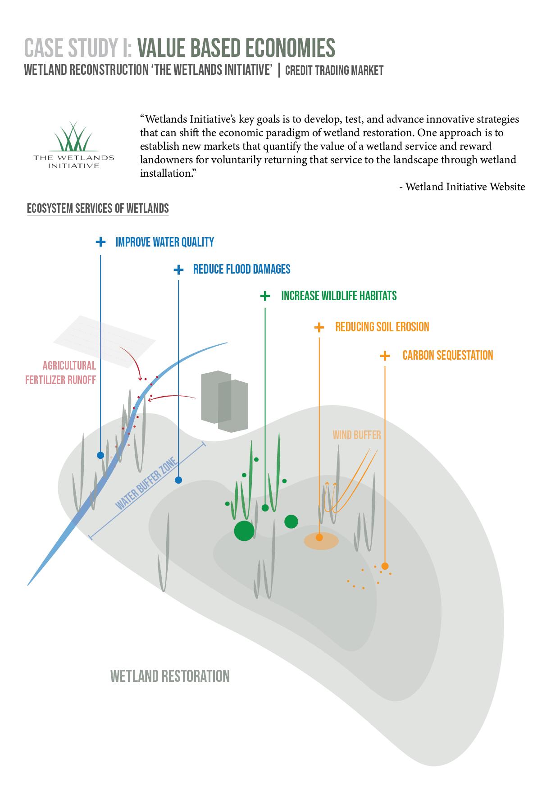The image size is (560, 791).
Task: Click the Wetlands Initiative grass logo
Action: pyautogui.click(x=74, y=137)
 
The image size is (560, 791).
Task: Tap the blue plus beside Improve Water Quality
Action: pyautogui.click(x=100, y=242)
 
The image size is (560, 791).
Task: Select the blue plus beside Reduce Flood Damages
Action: pyautogui.click(x=178, y=270)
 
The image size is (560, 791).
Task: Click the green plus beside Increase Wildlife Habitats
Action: pyautogui.click(x=265, y=296)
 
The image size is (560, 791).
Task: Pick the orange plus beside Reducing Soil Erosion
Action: pyautogui.click(x=319, y=327)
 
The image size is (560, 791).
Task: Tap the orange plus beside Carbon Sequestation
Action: pyautogui.click(x=385, y=356)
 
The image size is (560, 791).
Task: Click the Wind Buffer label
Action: pyautogui.click(x=357, y=435)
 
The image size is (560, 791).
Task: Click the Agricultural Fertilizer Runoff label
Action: pyautogui.click(x=60, y=372)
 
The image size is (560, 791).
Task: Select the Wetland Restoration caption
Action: pyautogui.click(x=170, y=676)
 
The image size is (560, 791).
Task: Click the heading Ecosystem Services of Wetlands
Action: pyautogui.click(x=98, y=208)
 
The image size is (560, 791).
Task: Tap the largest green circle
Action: pyautogui.click(x=244, y=530)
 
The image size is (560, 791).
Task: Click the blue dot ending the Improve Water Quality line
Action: pyautogui.click(x=100, y=455)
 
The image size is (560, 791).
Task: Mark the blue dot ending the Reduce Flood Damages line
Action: pyautogui.click(x=178, y=480)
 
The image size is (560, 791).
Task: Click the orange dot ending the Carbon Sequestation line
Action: pyautogui.click(x=385, y=566)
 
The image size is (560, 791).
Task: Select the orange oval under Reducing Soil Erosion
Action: pyautogui.click(x=321, y=541)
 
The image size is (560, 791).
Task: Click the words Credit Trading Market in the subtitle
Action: pyautogui.click(x=334, y=70)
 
